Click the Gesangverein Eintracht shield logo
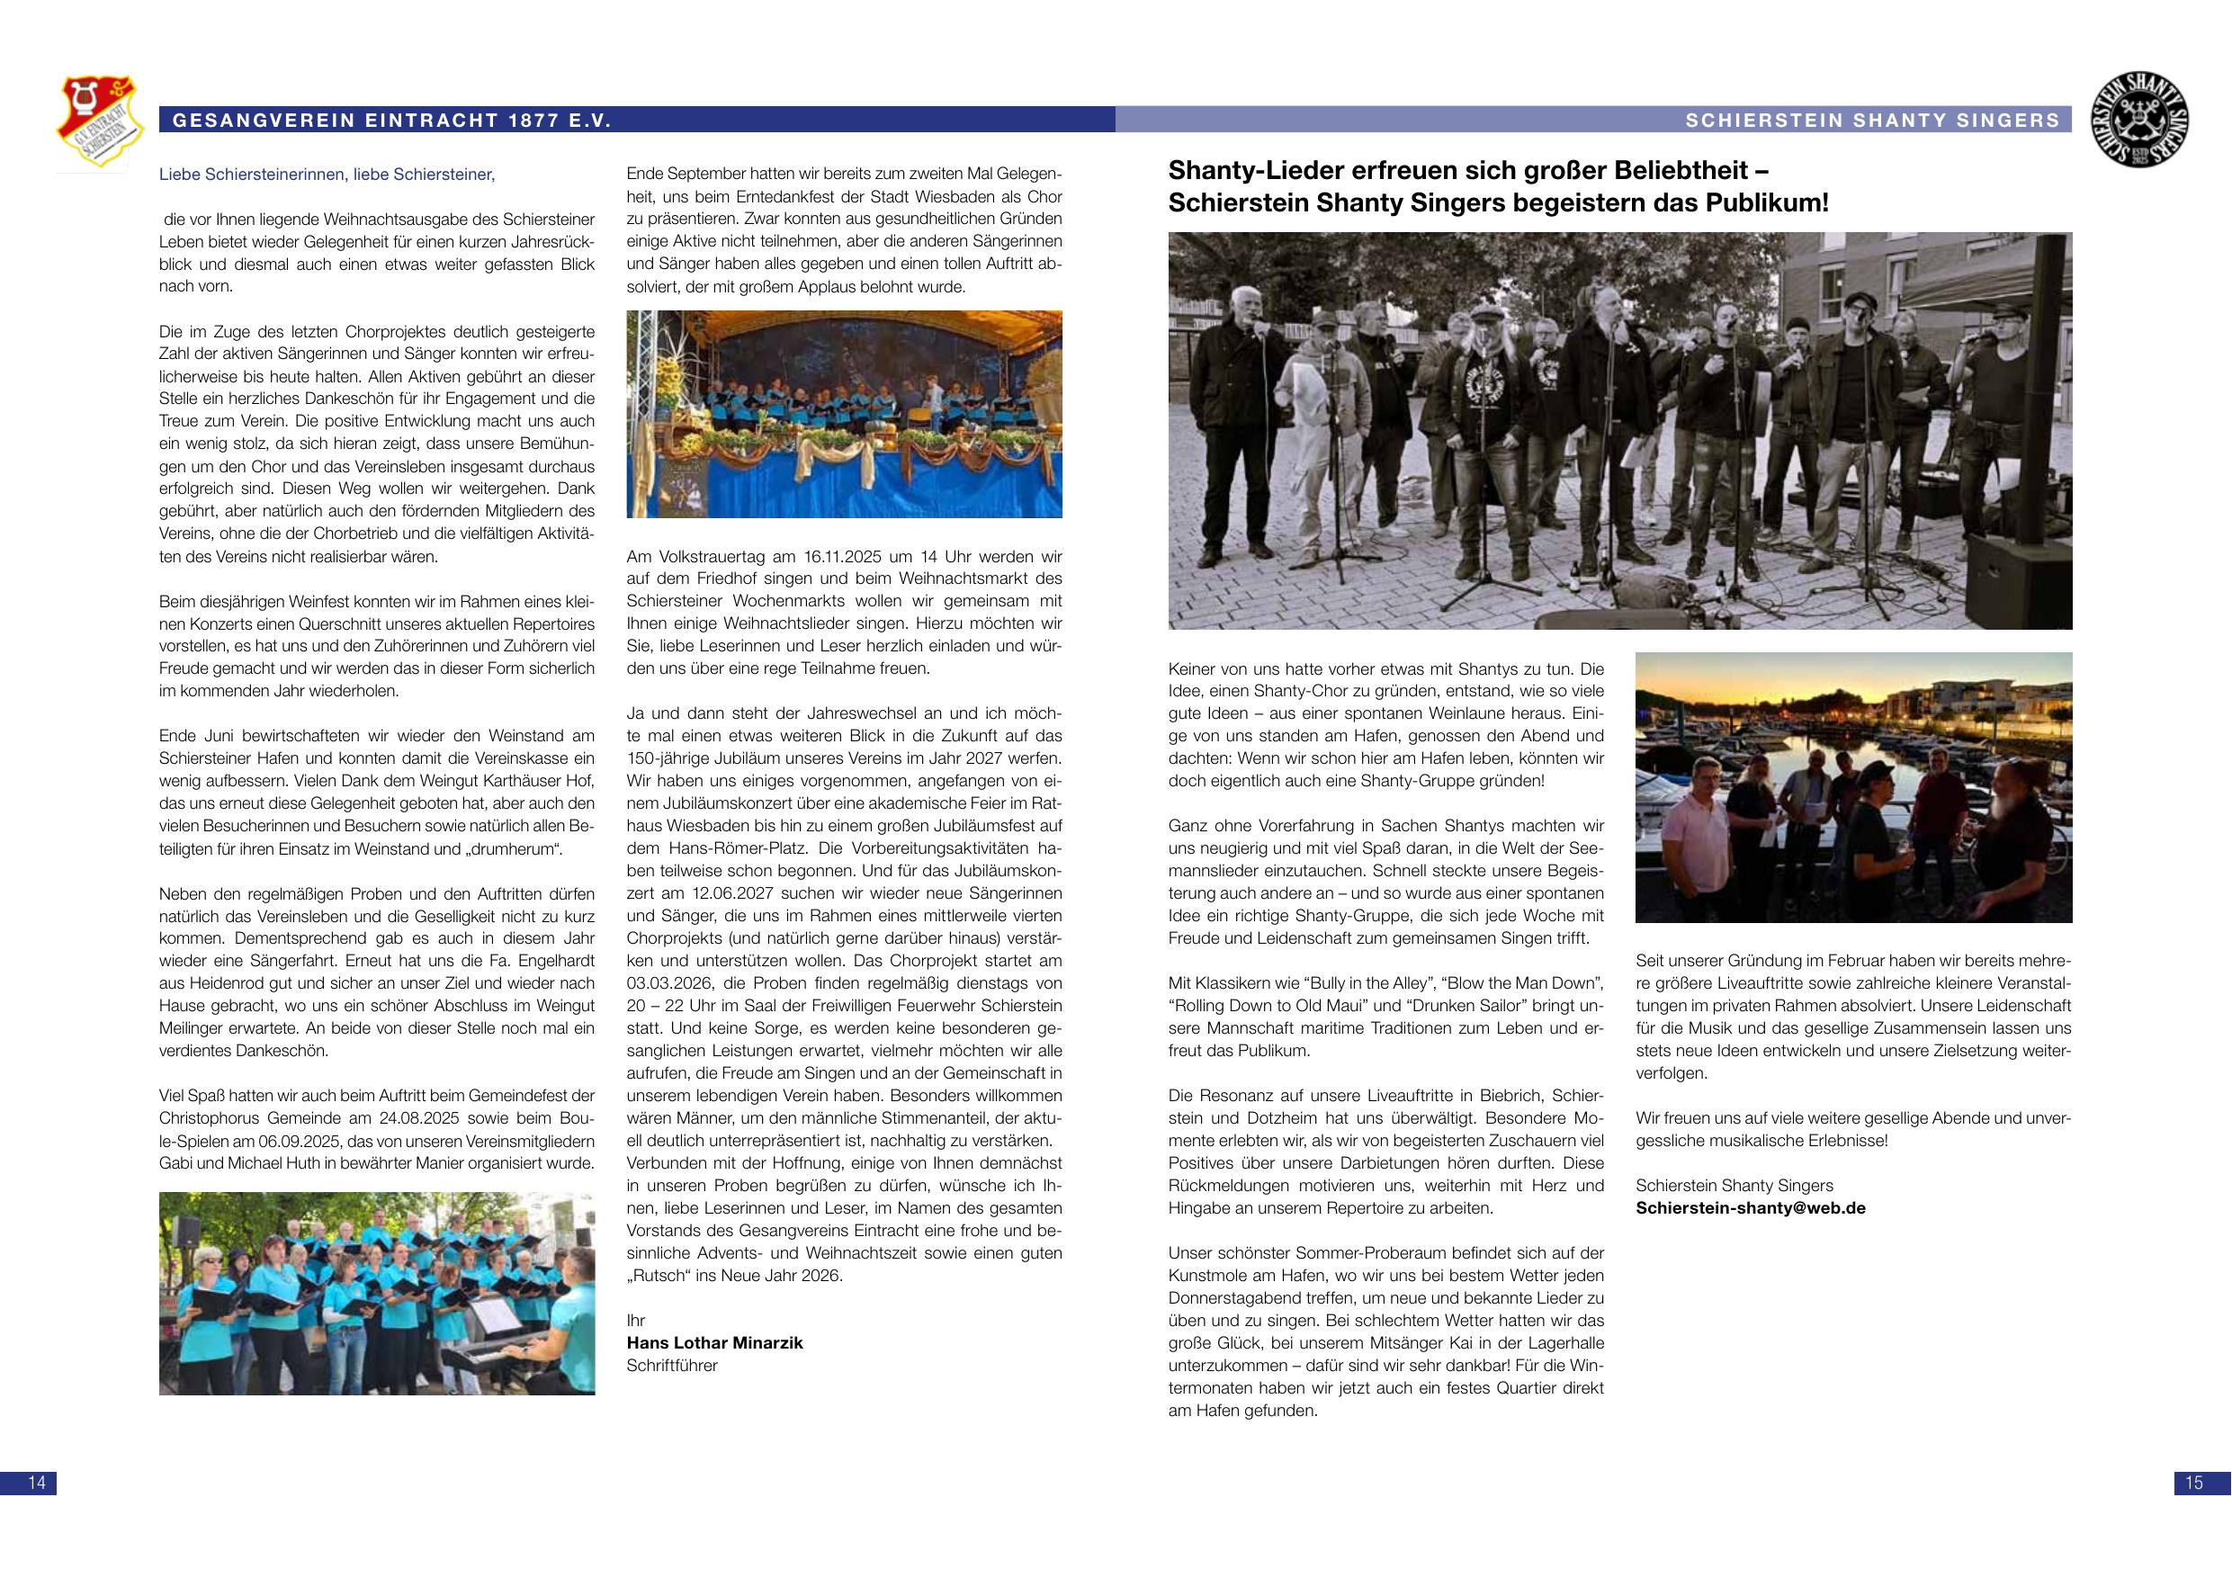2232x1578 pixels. (x=96, y=123)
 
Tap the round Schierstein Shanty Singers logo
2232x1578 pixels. (x=2138, y=120)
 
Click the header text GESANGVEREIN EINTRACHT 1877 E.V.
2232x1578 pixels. (x=391, y=121)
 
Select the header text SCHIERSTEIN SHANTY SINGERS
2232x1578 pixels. (x=1872, y=121)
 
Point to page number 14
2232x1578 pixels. (x=37, y=1483)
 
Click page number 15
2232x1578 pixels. (x=2193, y=1483)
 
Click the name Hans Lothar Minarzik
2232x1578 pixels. (x=714, y=1342)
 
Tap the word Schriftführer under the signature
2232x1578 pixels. (x=672, y=1365)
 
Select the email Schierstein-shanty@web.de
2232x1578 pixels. (x=1750, y=1207)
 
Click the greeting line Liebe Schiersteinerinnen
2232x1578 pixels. (x=327, y=175)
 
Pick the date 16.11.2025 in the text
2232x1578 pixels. (x=842, y=557)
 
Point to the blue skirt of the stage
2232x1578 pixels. (x=844, y=486)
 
